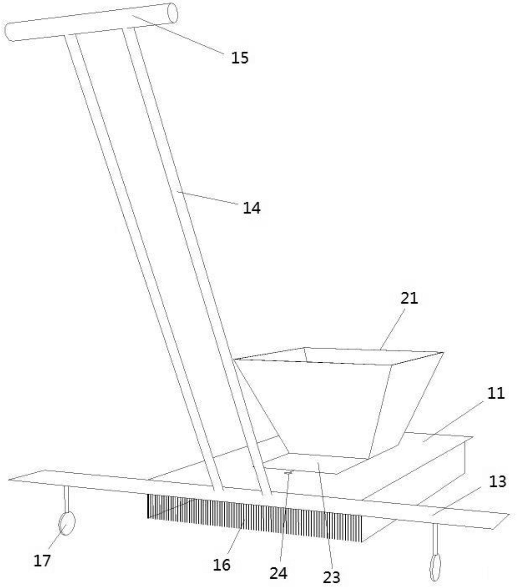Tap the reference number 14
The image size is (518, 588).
pyautogui.click(x=252, y=208)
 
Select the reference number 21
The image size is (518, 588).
pyautogui.click(x=409, y=298)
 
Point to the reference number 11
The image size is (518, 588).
pyautogui.click(x=496, y=393)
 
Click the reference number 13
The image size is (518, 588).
pyautogui.click(x=497, y=457)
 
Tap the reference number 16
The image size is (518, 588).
pyautogui.click(x=222, y=565)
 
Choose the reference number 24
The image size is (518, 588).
pyautogui.click(x=278, y=573)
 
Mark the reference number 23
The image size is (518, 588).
pyautogui.click(x=331, y=577)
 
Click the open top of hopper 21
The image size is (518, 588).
pyautogui.click(x=339, y=356)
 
